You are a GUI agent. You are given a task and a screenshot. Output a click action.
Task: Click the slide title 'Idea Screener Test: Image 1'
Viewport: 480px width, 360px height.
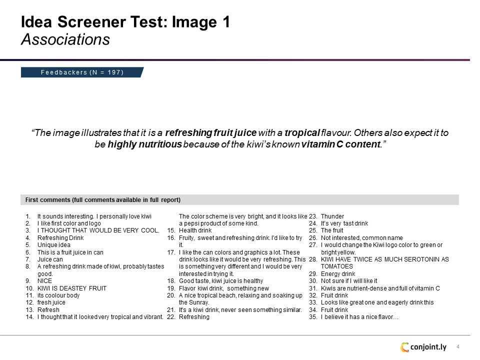click(x=125, y=22)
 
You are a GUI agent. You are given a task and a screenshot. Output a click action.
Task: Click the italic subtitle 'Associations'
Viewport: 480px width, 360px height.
click(x=65, y=39)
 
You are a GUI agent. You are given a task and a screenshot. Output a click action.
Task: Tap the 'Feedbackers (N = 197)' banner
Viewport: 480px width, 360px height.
click(x=82, y=72)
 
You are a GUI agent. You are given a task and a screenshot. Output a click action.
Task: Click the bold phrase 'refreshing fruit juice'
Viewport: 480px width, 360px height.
click(x=210, y=133)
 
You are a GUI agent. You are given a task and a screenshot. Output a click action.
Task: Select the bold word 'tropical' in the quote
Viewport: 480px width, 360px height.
click(x=302, y=133)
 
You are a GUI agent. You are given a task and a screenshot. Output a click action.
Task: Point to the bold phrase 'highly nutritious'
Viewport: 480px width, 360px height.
click(x=144, y=144)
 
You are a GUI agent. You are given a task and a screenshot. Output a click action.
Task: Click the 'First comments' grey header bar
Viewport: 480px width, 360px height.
click(x=239, y=200)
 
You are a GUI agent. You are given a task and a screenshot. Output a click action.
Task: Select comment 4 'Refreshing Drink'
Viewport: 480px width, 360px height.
click(x=60, y=238)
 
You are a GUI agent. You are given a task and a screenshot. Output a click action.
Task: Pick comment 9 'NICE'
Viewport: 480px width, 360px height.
click(x=44, y=281)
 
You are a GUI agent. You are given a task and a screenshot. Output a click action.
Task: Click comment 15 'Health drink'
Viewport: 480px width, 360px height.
click(x=195, y=230)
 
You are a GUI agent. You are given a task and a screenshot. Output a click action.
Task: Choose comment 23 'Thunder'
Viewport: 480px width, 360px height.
click(x=332, y=216)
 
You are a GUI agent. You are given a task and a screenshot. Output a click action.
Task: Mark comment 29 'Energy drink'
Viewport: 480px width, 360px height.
click(x=337, y=274)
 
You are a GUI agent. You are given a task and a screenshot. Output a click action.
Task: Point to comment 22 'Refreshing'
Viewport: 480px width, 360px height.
click(x=194, y=317)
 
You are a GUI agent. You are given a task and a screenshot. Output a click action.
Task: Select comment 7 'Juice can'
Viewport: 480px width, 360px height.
click(x=50, y=259)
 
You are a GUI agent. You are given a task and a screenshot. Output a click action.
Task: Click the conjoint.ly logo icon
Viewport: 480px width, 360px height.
click(x=404, y=347)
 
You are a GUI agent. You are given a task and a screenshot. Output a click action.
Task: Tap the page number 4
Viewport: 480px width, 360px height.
click(x=457, y=346)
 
